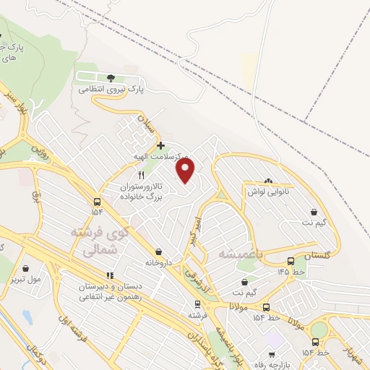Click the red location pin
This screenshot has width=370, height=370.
tap(186, 170)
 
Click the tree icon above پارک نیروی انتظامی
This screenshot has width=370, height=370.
tap(111, 77)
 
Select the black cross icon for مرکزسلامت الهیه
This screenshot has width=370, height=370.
tap(160, 145)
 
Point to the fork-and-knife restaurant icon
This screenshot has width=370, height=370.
tap(142, 175)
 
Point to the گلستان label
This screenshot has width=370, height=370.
tap(316, 256)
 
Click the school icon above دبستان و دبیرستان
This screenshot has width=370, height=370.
tap(110, 275)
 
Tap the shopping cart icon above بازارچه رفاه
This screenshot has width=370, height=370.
tap(272, 355)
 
